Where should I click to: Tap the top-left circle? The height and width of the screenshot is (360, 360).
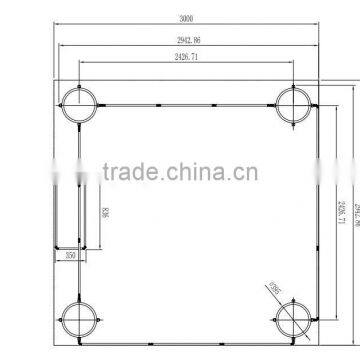click(80, 102)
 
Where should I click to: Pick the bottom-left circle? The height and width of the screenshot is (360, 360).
click(80, 319)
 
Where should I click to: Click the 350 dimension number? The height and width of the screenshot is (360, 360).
click(70, 255)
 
